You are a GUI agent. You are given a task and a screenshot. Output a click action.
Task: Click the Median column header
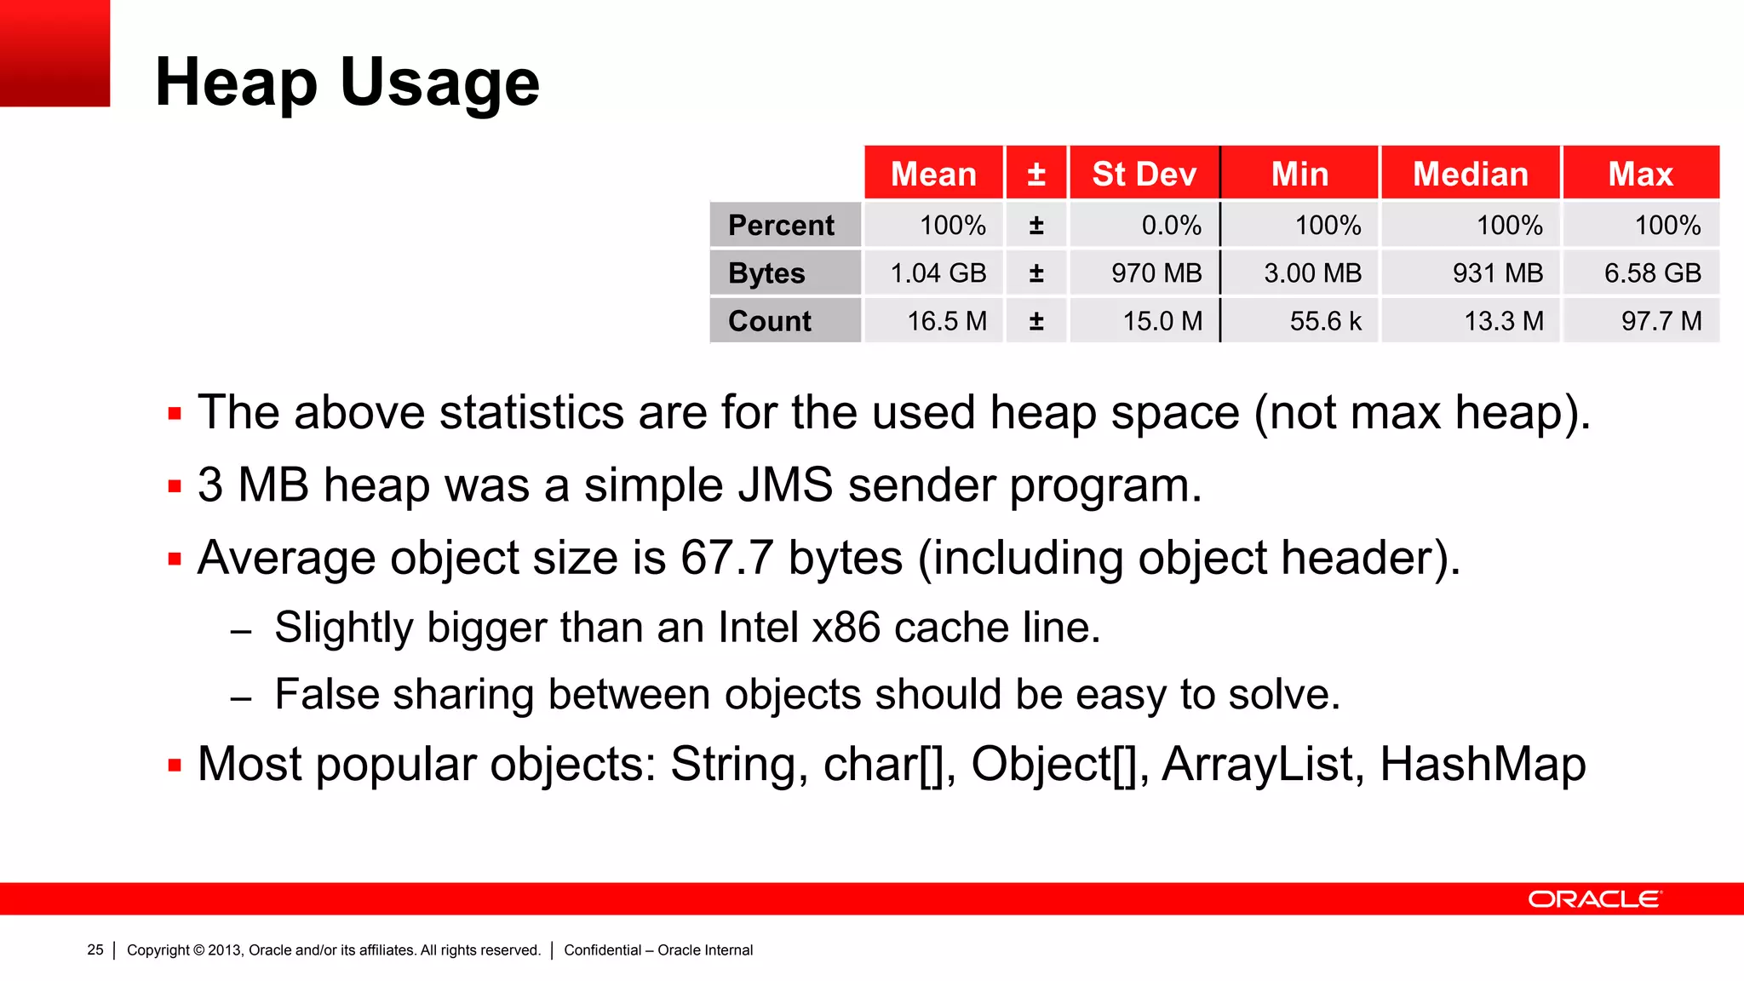(1470, 174)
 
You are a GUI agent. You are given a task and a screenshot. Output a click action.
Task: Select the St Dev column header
(1144, 174)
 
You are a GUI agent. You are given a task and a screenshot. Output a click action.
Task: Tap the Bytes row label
(766, 273)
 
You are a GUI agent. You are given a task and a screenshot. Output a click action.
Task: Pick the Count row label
(770, 321)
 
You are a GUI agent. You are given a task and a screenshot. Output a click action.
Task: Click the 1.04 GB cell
(938, 273)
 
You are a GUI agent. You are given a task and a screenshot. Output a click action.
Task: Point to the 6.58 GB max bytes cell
(1652, 273)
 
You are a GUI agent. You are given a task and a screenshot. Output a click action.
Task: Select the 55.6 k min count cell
(1325, 321)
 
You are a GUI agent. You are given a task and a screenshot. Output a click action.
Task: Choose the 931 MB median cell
(1497, 273)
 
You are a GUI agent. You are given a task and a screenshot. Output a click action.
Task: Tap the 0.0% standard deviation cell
(1171, 226)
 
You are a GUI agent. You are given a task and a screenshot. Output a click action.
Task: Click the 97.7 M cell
(1661, 321)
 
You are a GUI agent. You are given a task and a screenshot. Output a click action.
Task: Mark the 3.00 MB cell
(1312, 273)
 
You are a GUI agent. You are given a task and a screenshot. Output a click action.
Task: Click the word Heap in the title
(236, 83)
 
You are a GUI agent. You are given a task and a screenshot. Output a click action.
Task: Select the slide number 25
(95, 949)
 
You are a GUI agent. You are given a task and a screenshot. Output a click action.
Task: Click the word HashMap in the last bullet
(1483, 764)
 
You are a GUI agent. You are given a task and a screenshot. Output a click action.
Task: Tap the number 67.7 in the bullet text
(726, 559)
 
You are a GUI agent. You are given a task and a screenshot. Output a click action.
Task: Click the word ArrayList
(1258, 764)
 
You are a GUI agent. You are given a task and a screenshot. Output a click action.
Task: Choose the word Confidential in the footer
(602, 949)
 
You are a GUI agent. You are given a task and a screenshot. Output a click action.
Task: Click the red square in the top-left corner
(54, 53)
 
